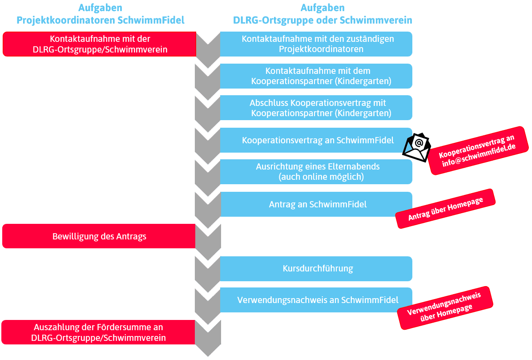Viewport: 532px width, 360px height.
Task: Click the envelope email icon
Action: (417, 145)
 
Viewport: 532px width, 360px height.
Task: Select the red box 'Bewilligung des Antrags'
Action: (99, 236)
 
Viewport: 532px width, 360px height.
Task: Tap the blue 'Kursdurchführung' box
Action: (317, 268)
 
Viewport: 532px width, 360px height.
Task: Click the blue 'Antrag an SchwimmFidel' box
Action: (317, 204)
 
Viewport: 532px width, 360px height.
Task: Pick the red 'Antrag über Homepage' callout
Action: (445, 209)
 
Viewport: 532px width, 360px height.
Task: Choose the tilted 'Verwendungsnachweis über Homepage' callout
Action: (445, 307)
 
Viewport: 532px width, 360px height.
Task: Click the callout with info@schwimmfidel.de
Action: (479, 150)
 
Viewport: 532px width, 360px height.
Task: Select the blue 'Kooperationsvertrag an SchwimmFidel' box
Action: (317, 140)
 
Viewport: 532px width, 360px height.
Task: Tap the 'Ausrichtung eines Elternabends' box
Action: (317, 171)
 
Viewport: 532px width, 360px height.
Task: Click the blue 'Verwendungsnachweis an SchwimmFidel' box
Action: (317, 300)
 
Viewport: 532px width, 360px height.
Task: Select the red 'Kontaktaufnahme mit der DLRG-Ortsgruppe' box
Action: (100, 44)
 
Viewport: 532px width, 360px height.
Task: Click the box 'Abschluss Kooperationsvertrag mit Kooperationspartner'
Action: (317, 108)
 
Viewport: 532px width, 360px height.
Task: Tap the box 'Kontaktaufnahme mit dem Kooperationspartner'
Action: (317, 76)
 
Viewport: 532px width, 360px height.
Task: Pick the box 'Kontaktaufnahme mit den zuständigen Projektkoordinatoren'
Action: (317, 44)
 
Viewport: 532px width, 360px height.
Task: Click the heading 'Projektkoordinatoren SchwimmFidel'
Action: (100, 20)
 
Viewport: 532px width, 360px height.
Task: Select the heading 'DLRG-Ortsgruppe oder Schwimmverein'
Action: (322, 20)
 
